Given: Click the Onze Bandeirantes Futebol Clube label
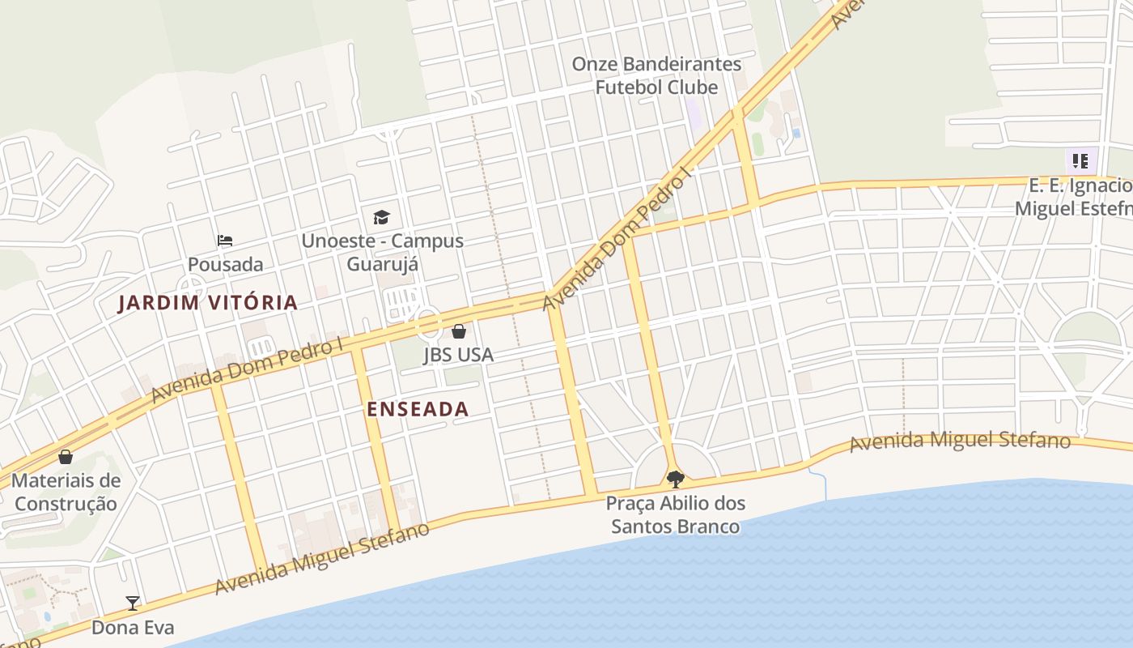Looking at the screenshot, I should coord(656,75).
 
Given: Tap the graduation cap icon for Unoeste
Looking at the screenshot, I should coord(381,217).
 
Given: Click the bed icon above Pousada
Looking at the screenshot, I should coord(225,241).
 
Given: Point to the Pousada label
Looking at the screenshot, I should coord(225,265).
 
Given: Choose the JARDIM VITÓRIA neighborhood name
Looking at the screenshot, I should coord(208,303).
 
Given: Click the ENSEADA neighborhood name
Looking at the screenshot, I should coord(418,409).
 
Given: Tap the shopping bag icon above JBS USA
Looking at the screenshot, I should coord(458,331).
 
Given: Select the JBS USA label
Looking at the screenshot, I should coord(458,355).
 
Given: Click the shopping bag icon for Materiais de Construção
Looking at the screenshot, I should coord(66,457).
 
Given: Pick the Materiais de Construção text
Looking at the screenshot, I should coord(66,492).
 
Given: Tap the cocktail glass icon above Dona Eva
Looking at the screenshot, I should coord(133,603).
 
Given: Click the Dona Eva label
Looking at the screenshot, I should coord(133,628).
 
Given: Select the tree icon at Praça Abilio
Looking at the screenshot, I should coord(675,479).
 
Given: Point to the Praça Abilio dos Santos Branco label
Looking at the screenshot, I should coord(675,515).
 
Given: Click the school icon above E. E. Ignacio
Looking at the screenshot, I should coord(1080,161).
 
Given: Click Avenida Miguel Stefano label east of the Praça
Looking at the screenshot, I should coord(960,441).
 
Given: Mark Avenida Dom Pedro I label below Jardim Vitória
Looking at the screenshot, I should coord(248,370).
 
